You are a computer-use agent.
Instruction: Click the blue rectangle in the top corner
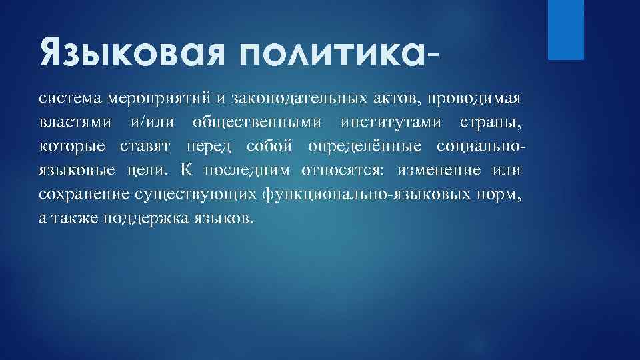click(x=565, y=29)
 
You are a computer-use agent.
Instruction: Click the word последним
click(x=247, y=169)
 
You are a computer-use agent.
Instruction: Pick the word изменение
click(x=439, y=169)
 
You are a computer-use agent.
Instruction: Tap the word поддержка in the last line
click(x=147, y=217)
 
